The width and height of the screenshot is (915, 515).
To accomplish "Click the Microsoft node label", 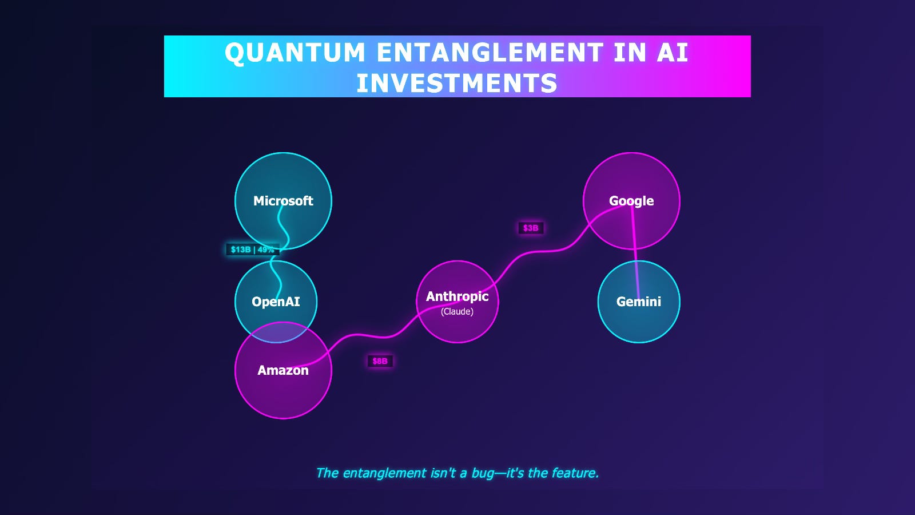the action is [283, 201].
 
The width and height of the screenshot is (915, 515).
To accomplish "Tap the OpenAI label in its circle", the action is [276, 302].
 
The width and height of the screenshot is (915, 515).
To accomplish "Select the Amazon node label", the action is [283, 370].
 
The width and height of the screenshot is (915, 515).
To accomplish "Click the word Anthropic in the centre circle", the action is [457, 296].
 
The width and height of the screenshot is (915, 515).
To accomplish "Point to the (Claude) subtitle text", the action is [457, 311].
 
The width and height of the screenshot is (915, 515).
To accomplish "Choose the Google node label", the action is [631, 201].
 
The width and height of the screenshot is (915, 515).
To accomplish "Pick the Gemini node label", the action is [639, 302].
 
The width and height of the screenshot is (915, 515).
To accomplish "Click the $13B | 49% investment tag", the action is [252, 249].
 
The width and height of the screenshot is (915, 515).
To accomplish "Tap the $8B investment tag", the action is [380, 361].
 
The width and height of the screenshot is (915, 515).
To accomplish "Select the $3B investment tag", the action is [531, 228].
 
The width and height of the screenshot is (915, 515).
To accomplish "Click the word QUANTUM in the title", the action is [295, 53].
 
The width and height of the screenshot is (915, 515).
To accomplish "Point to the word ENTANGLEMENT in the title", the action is [490, 52].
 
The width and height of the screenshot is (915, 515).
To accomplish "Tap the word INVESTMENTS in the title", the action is [457, 83].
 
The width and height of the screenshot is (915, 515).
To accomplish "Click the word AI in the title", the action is [673, 52].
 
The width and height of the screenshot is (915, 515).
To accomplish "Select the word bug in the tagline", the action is [483, 473].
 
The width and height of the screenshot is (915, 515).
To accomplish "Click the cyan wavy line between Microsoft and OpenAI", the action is [280, 251].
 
